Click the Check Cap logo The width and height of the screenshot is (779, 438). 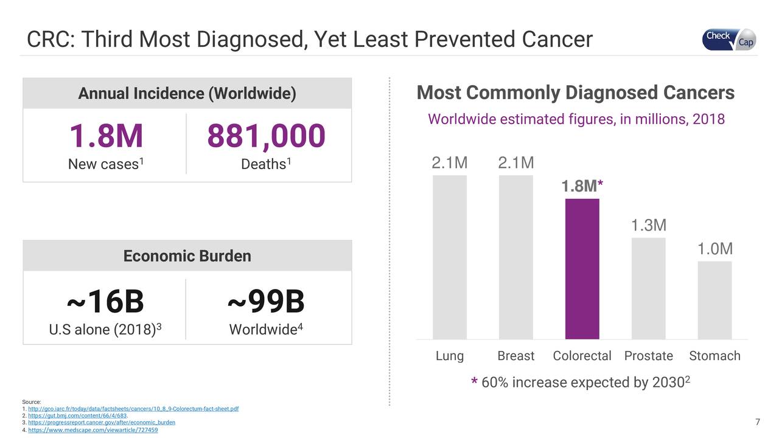(x=729, y=39)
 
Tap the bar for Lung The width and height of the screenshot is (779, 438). (x=449, y=257)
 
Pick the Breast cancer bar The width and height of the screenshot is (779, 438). (x=515, y=257)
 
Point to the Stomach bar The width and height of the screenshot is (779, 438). (x=714, y=300)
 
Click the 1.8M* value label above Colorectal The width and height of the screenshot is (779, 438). (x=582, y=186)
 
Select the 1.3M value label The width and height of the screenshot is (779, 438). (x=648, y=226)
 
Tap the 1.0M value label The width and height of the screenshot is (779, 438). (x=714, y=249)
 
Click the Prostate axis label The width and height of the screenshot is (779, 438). (x=648, y=356)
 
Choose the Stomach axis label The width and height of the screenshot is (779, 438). (x=714, y=356)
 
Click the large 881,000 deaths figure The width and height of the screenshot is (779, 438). (x=266, y=136)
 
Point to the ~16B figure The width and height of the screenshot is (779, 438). (x=105, y=301)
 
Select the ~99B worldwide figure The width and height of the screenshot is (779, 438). (x=266, y=301)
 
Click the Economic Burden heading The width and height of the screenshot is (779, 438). (x=187, y=256)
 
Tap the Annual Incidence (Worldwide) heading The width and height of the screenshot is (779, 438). (x=187, y=94)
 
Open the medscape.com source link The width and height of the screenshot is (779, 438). (x=93, y=430)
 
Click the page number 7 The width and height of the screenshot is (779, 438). (x=757, y=423)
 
